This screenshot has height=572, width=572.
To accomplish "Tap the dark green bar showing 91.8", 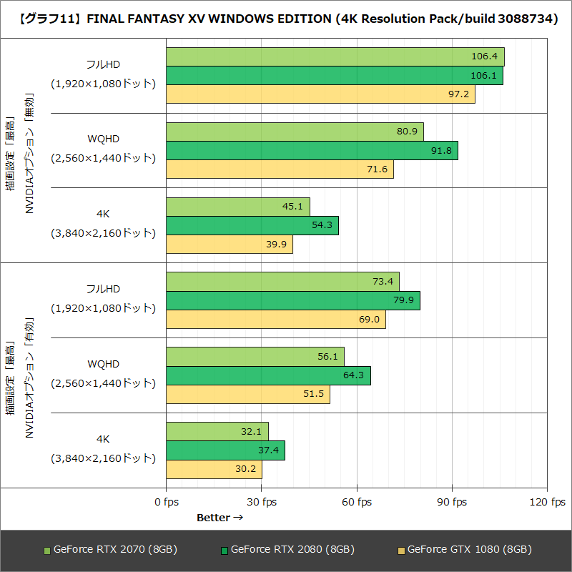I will (x=312, y=150).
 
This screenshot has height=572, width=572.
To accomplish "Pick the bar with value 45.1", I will (x=238, y=207).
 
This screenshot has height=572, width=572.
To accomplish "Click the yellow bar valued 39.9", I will (x=230, y=244).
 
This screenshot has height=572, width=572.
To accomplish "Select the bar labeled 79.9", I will (x=293, y=300).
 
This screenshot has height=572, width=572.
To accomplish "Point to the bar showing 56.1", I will (x=255, y=356).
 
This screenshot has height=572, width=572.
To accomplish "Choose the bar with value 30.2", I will (x=214, y=469).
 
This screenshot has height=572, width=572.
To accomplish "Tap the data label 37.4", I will (x=270, y=450).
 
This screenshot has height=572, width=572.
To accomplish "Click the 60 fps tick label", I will (x=357, y=502).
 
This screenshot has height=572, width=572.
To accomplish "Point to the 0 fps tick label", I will (x=167, y=502).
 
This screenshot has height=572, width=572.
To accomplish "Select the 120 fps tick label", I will (x=547, y=502).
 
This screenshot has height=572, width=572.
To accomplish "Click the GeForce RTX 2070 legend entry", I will (x=110, y=549).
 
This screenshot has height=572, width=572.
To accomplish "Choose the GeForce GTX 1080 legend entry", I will (x=464, y=549).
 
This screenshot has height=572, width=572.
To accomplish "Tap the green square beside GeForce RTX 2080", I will (x=225, y=550).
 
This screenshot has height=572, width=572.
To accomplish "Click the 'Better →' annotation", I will (x=220, y=518).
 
